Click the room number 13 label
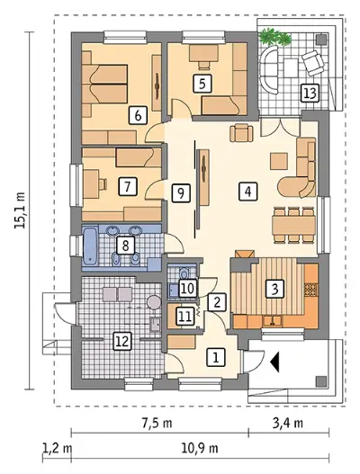click(310, 93)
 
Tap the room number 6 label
click(138, 115)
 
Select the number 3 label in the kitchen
click(274, 289)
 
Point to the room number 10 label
click(188, 289)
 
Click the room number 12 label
click(122, 341)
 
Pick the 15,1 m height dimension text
click(20, 210)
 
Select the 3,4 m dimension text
click(287, 423)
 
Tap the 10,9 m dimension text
click(200, 449)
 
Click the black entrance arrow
click(274, 361)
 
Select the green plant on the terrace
click(275, 37)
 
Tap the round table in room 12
click(154, 302)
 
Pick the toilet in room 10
click(184, 273)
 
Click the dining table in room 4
click(293, 225)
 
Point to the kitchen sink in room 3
click(273, 321)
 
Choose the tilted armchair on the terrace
click(313, 64)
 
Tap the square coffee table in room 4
click(279, 161)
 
